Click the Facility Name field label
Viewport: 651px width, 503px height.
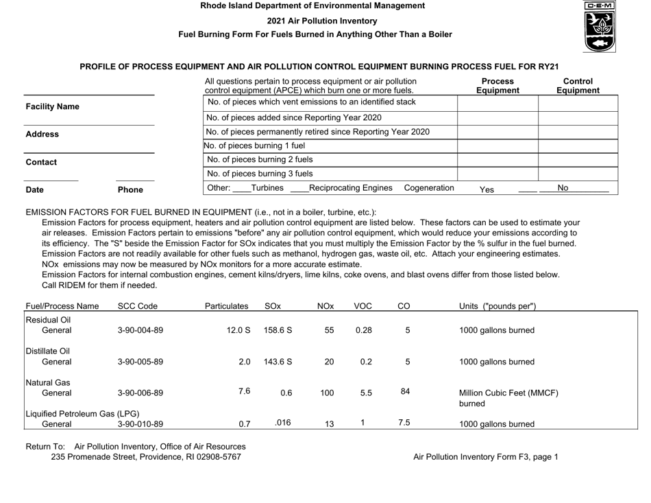tap(52, 107)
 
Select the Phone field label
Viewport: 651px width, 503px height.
tap(130, 189)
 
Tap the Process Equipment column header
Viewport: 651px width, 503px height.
tap(497, 85)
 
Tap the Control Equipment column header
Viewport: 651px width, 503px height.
tap(577, 85)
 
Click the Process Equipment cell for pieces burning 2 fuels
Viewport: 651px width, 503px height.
tap(498, 159)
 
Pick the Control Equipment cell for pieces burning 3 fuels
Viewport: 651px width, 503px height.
tap(578, 174)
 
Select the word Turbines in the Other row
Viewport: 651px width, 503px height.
tap(269, 188)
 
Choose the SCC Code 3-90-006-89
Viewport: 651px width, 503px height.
tap(140, 393)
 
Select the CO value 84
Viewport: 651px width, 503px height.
tap(406, 392)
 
